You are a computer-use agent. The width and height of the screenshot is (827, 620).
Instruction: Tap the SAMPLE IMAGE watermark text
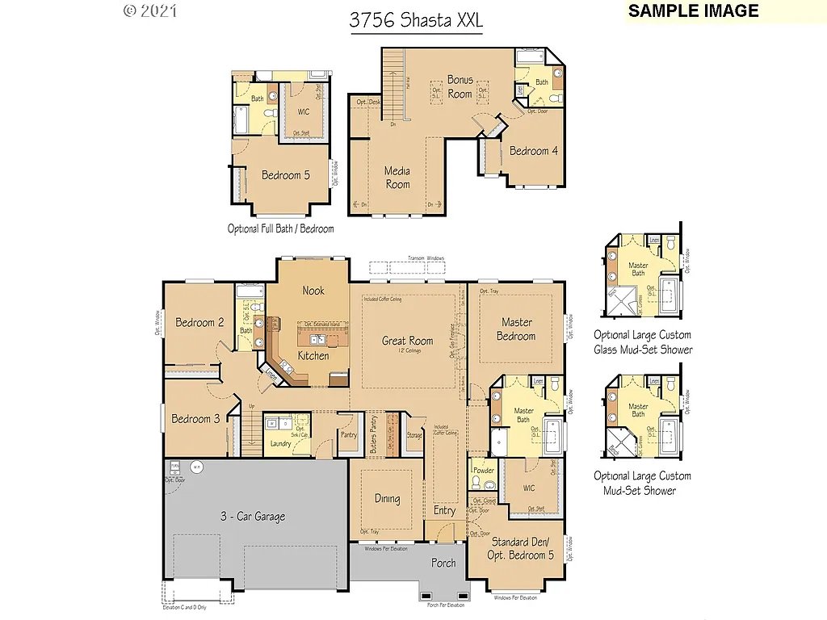point(693,10)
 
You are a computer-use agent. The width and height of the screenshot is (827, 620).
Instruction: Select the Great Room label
point(407,341)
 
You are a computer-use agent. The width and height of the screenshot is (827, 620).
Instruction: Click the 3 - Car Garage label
point(253,517)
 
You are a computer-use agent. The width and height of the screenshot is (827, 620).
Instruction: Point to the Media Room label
point(397,178)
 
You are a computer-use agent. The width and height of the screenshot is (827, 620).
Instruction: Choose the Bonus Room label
point(460,86)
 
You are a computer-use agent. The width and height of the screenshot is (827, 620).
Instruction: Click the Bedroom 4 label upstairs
point(533,151)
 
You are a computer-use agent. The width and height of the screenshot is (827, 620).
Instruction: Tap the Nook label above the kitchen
point(313,291)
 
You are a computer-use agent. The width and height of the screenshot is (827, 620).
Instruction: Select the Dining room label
point(387,499)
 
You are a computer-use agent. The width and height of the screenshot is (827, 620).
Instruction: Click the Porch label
point(443,563)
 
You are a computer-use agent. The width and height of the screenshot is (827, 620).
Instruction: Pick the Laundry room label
point(280,443)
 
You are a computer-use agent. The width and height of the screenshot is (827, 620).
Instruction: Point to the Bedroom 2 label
point(200,323)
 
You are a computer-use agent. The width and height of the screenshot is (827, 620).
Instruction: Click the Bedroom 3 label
point(195,419)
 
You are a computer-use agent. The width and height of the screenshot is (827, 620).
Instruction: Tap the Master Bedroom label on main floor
point(516,329)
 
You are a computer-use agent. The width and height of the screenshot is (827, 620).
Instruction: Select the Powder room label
point(484,471)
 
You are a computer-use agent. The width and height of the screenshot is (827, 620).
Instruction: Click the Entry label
point(444,510)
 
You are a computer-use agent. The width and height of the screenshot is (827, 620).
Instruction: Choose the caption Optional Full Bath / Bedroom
point(280,228)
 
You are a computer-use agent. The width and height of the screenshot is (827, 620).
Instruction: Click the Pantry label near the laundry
point(349,435)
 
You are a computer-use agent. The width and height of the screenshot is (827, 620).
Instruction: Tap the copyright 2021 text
point(150,11)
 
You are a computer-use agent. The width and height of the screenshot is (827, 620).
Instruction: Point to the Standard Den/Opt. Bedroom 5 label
point(519,548)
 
